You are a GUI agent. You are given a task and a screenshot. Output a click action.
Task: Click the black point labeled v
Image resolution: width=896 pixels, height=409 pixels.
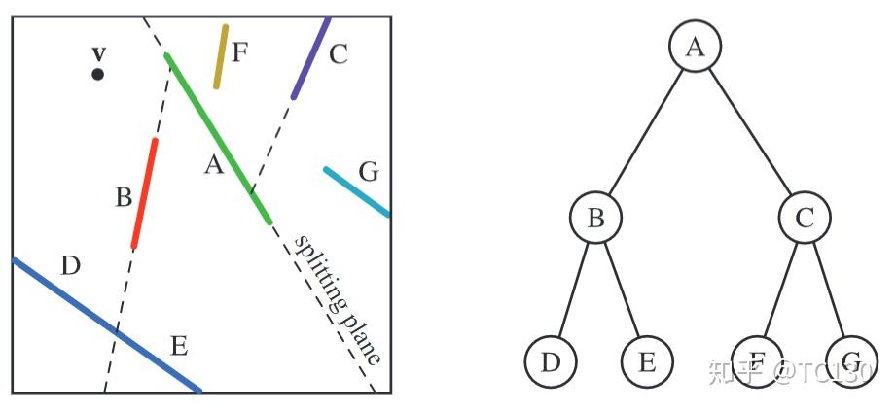click(97, 74)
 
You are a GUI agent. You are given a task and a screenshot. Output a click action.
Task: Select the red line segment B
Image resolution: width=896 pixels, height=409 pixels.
click(145, 193)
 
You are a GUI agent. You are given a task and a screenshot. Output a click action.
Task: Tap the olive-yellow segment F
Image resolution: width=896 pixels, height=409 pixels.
click(221, 56)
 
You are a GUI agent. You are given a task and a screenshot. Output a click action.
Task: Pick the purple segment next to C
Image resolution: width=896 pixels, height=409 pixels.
click(310, 58)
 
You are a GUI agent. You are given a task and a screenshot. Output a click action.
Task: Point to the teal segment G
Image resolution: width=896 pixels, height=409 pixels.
click(357, 191)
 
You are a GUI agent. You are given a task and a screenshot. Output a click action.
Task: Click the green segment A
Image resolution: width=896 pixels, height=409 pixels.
click(219, 139)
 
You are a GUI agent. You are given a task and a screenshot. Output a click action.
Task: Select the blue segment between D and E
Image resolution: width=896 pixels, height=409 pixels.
click(107, 325)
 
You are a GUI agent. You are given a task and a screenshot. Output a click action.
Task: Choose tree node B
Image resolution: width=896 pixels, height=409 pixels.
click(595, 218)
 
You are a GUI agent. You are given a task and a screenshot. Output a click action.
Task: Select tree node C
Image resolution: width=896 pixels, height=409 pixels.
click(805, 218)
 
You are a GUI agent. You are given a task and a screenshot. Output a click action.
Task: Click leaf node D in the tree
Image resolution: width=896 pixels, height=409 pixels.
click(551, 362)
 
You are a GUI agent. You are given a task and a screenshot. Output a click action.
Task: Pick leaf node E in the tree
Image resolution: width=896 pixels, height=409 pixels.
click(648, 362)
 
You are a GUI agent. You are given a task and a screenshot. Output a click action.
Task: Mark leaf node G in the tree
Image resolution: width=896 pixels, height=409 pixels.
click(852, 362)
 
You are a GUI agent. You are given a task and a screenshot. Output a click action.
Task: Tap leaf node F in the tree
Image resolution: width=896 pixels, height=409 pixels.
click(757, 362)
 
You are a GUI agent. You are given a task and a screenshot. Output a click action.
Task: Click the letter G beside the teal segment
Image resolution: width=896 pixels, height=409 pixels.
click(368, 172)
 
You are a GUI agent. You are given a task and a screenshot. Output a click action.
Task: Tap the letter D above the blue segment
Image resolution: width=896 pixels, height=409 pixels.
click(69, 265)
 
